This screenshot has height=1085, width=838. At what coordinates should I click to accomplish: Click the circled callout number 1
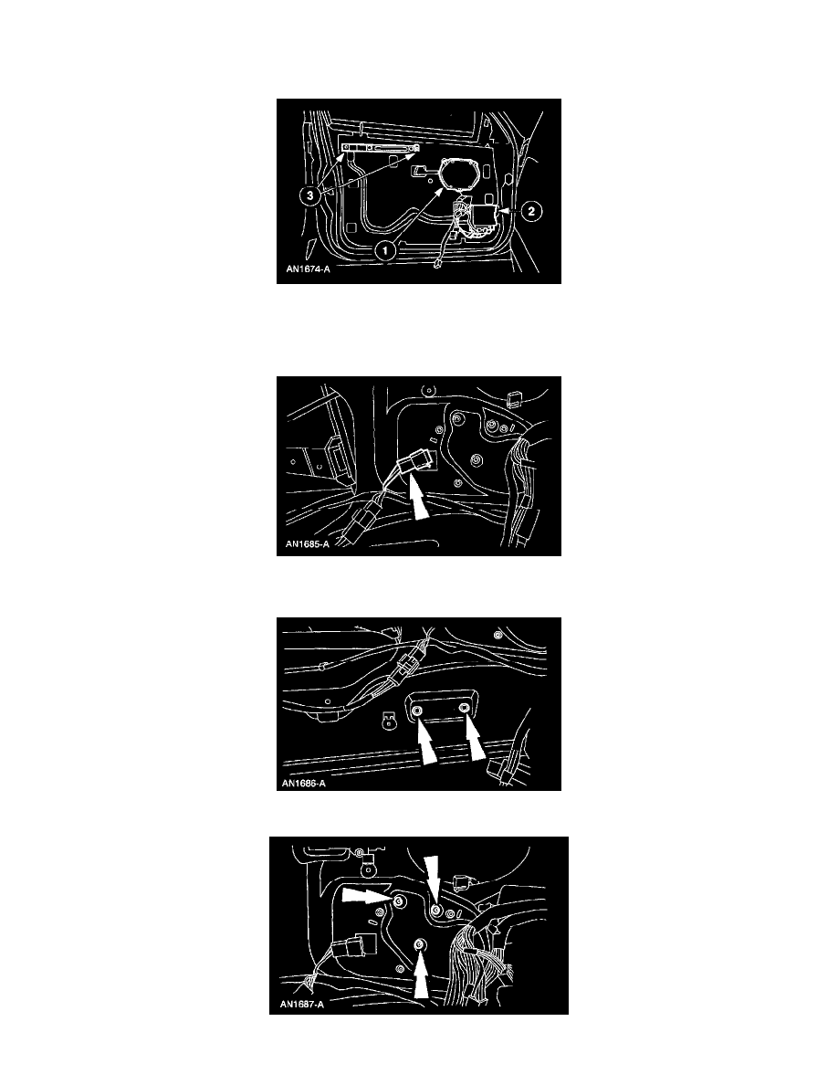[x=385, y=250]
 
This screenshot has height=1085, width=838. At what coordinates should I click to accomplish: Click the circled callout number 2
[x=530, y=210]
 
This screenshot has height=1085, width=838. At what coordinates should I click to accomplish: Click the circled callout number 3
[x=310, y=195]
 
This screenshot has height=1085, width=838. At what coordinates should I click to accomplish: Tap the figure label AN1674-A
[x=308, y=269]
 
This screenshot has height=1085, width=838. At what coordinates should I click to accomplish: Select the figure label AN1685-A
[x=307, y=544]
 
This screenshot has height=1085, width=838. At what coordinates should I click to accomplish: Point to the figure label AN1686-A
[x=304, y=784]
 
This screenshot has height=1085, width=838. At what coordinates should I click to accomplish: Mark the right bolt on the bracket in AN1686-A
[x=464, y=707]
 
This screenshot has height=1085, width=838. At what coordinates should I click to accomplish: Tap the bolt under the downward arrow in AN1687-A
[x=435, y=909]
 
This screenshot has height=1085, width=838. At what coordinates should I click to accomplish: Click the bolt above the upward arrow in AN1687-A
[x=419, y=945]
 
